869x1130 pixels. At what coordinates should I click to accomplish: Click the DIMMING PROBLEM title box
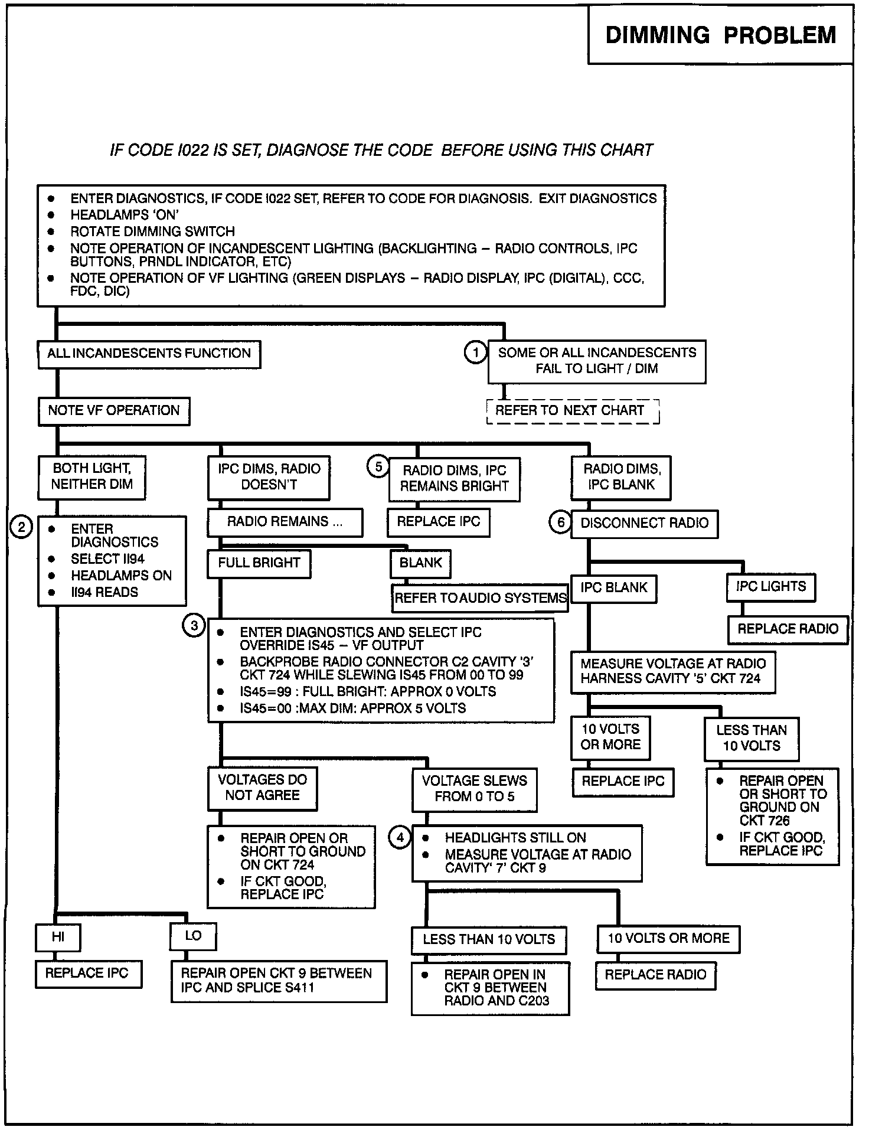pos(720,35)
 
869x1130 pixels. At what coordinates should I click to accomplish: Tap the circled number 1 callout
pos(475,352)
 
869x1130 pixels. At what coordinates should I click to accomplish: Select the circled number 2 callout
pos(21,526)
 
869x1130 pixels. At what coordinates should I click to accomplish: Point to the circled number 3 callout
pos(194,625)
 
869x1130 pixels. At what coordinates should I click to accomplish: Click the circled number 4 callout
pos(400,837)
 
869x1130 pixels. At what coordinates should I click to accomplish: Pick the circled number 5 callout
pos(378,467)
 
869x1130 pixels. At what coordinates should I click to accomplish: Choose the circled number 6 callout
pos(560,522)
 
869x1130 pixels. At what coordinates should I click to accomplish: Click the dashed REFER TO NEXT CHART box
pos(572,411)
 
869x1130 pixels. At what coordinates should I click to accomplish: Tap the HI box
pos(58,937)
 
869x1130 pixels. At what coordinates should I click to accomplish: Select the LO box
pos(193,936)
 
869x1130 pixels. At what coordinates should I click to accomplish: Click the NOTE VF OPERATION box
pos(115,411)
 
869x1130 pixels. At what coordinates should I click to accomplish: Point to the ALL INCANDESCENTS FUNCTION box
pos(149,354)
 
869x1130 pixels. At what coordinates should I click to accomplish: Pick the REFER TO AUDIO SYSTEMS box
pos(480,598)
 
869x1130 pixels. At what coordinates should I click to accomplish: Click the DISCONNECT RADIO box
pos(644,523)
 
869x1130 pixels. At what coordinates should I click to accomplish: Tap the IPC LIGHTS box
pos(770,587)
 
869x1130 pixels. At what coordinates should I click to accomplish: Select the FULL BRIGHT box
pos(259,563)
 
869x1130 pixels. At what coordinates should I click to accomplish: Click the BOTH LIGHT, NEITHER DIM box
pos(92,476)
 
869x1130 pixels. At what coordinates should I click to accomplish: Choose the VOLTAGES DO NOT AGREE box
pos(262,788)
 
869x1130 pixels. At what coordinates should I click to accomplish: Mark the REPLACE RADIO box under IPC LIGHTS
pos(788,629)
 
